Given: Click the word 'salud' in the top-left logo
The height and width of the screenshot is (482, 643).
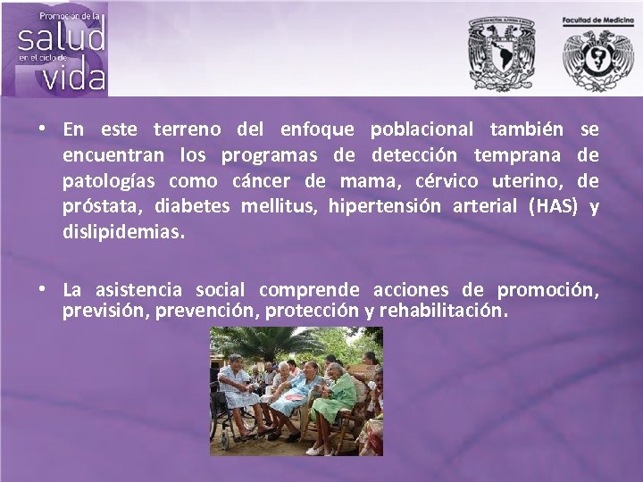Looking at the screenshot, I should (x=61, y=37).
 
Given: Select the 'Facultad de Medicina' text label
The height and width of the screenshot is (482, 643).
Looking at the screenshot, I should (x=597, y=20).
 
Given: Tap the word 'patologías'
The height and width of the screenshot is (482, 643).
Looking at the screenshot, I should (x=106, y=181).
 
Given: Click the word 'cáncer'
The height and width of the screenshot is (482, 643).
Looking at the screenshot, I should (x=263, y=181).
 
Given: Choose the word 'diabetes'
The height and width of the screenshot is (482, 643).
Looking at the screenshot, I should (x=191, y=207).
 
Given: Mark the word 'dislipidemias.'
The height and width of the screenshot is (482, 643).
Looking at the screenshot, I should (x=124, y=232).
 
